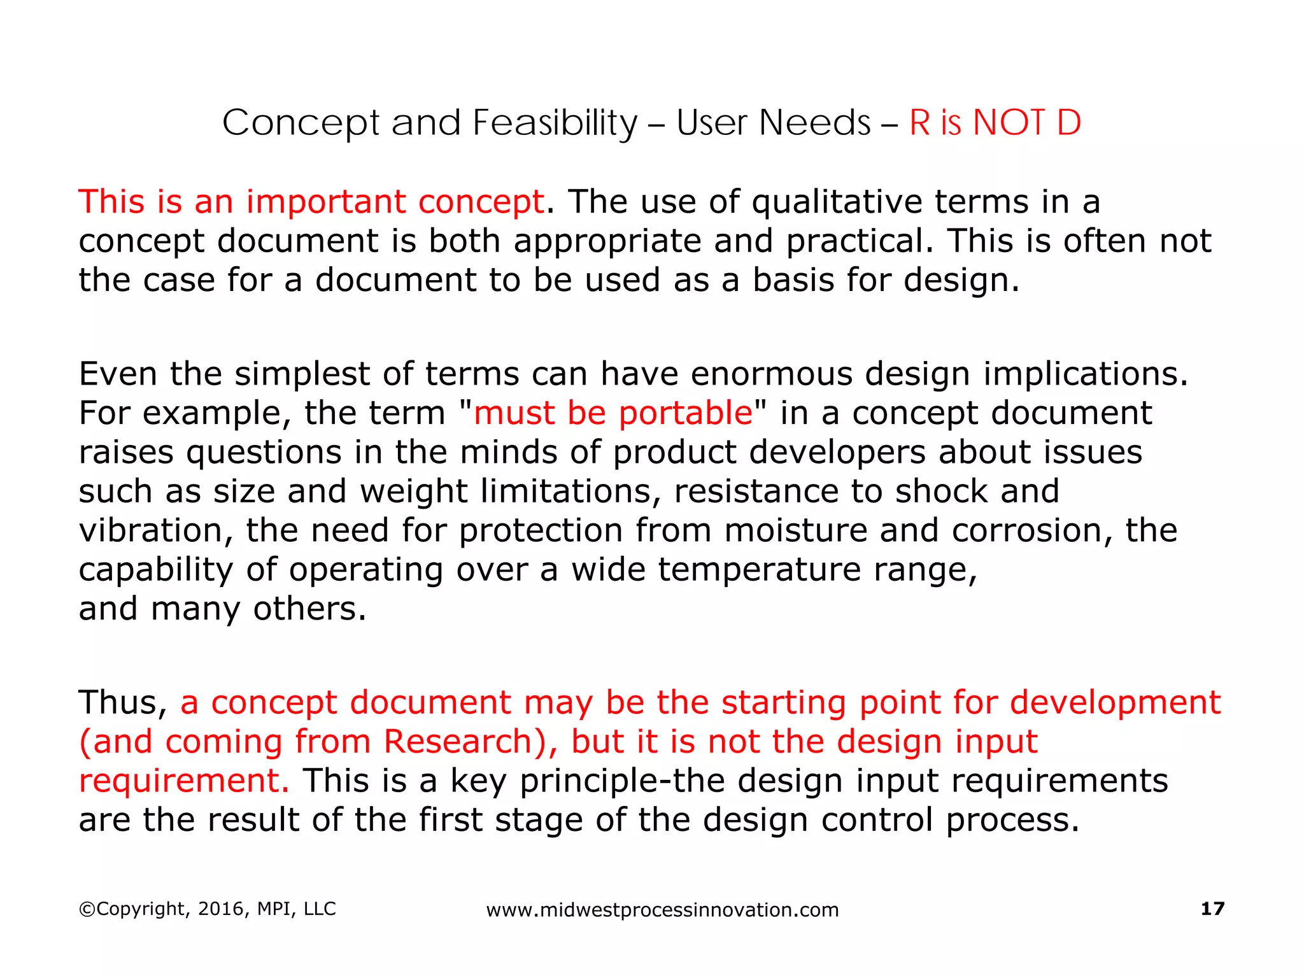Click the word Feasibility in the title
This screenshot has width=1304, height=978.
pyautogui.click(x=555, y=123)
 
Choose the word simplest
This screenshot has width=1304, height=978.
pyautogui.click(x=302, y=374)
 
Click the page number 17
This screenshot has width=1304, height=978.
pyautogui.click(x=1212, y=909)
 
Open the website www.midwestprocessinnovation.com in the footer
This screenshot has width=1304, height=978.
pyautogui.click(x=662, y=910)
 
